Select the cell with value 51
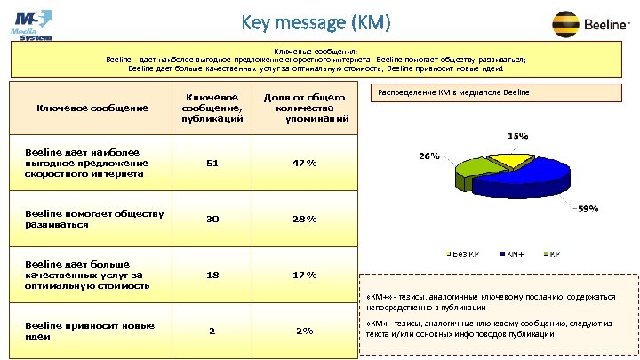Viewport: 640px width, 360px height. [212, 163]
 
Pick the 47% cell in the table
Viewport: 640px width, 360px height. [304, 163]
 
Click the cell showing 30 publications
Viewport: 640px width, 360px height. [212, 219]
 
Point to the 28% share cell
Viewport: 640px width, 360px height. [304, 219]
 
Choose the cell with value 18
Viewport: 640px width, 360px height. [212, 276]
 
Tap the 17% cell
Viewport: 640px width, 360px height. [304, 276]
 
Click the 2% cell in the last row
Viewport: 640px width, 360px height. [304, 331]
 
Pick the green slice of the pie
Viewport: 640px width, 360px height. [470, 175]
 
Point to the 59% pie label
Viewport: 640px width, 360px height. [588, 209]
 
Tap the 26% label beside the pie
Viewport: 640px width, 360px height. [429, 156]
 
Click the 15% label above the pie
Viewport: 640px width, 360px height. [517, 136]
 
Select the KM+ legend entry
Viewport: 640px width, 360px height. [516, 255]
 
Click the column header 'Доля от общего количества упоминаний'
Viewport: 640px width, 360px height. [304, 107]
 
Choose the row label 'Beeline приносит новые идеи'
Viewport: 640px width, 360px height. [84, 331]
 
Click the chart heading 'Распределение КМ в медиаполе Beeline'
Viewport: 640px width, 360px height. [453, 92]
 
